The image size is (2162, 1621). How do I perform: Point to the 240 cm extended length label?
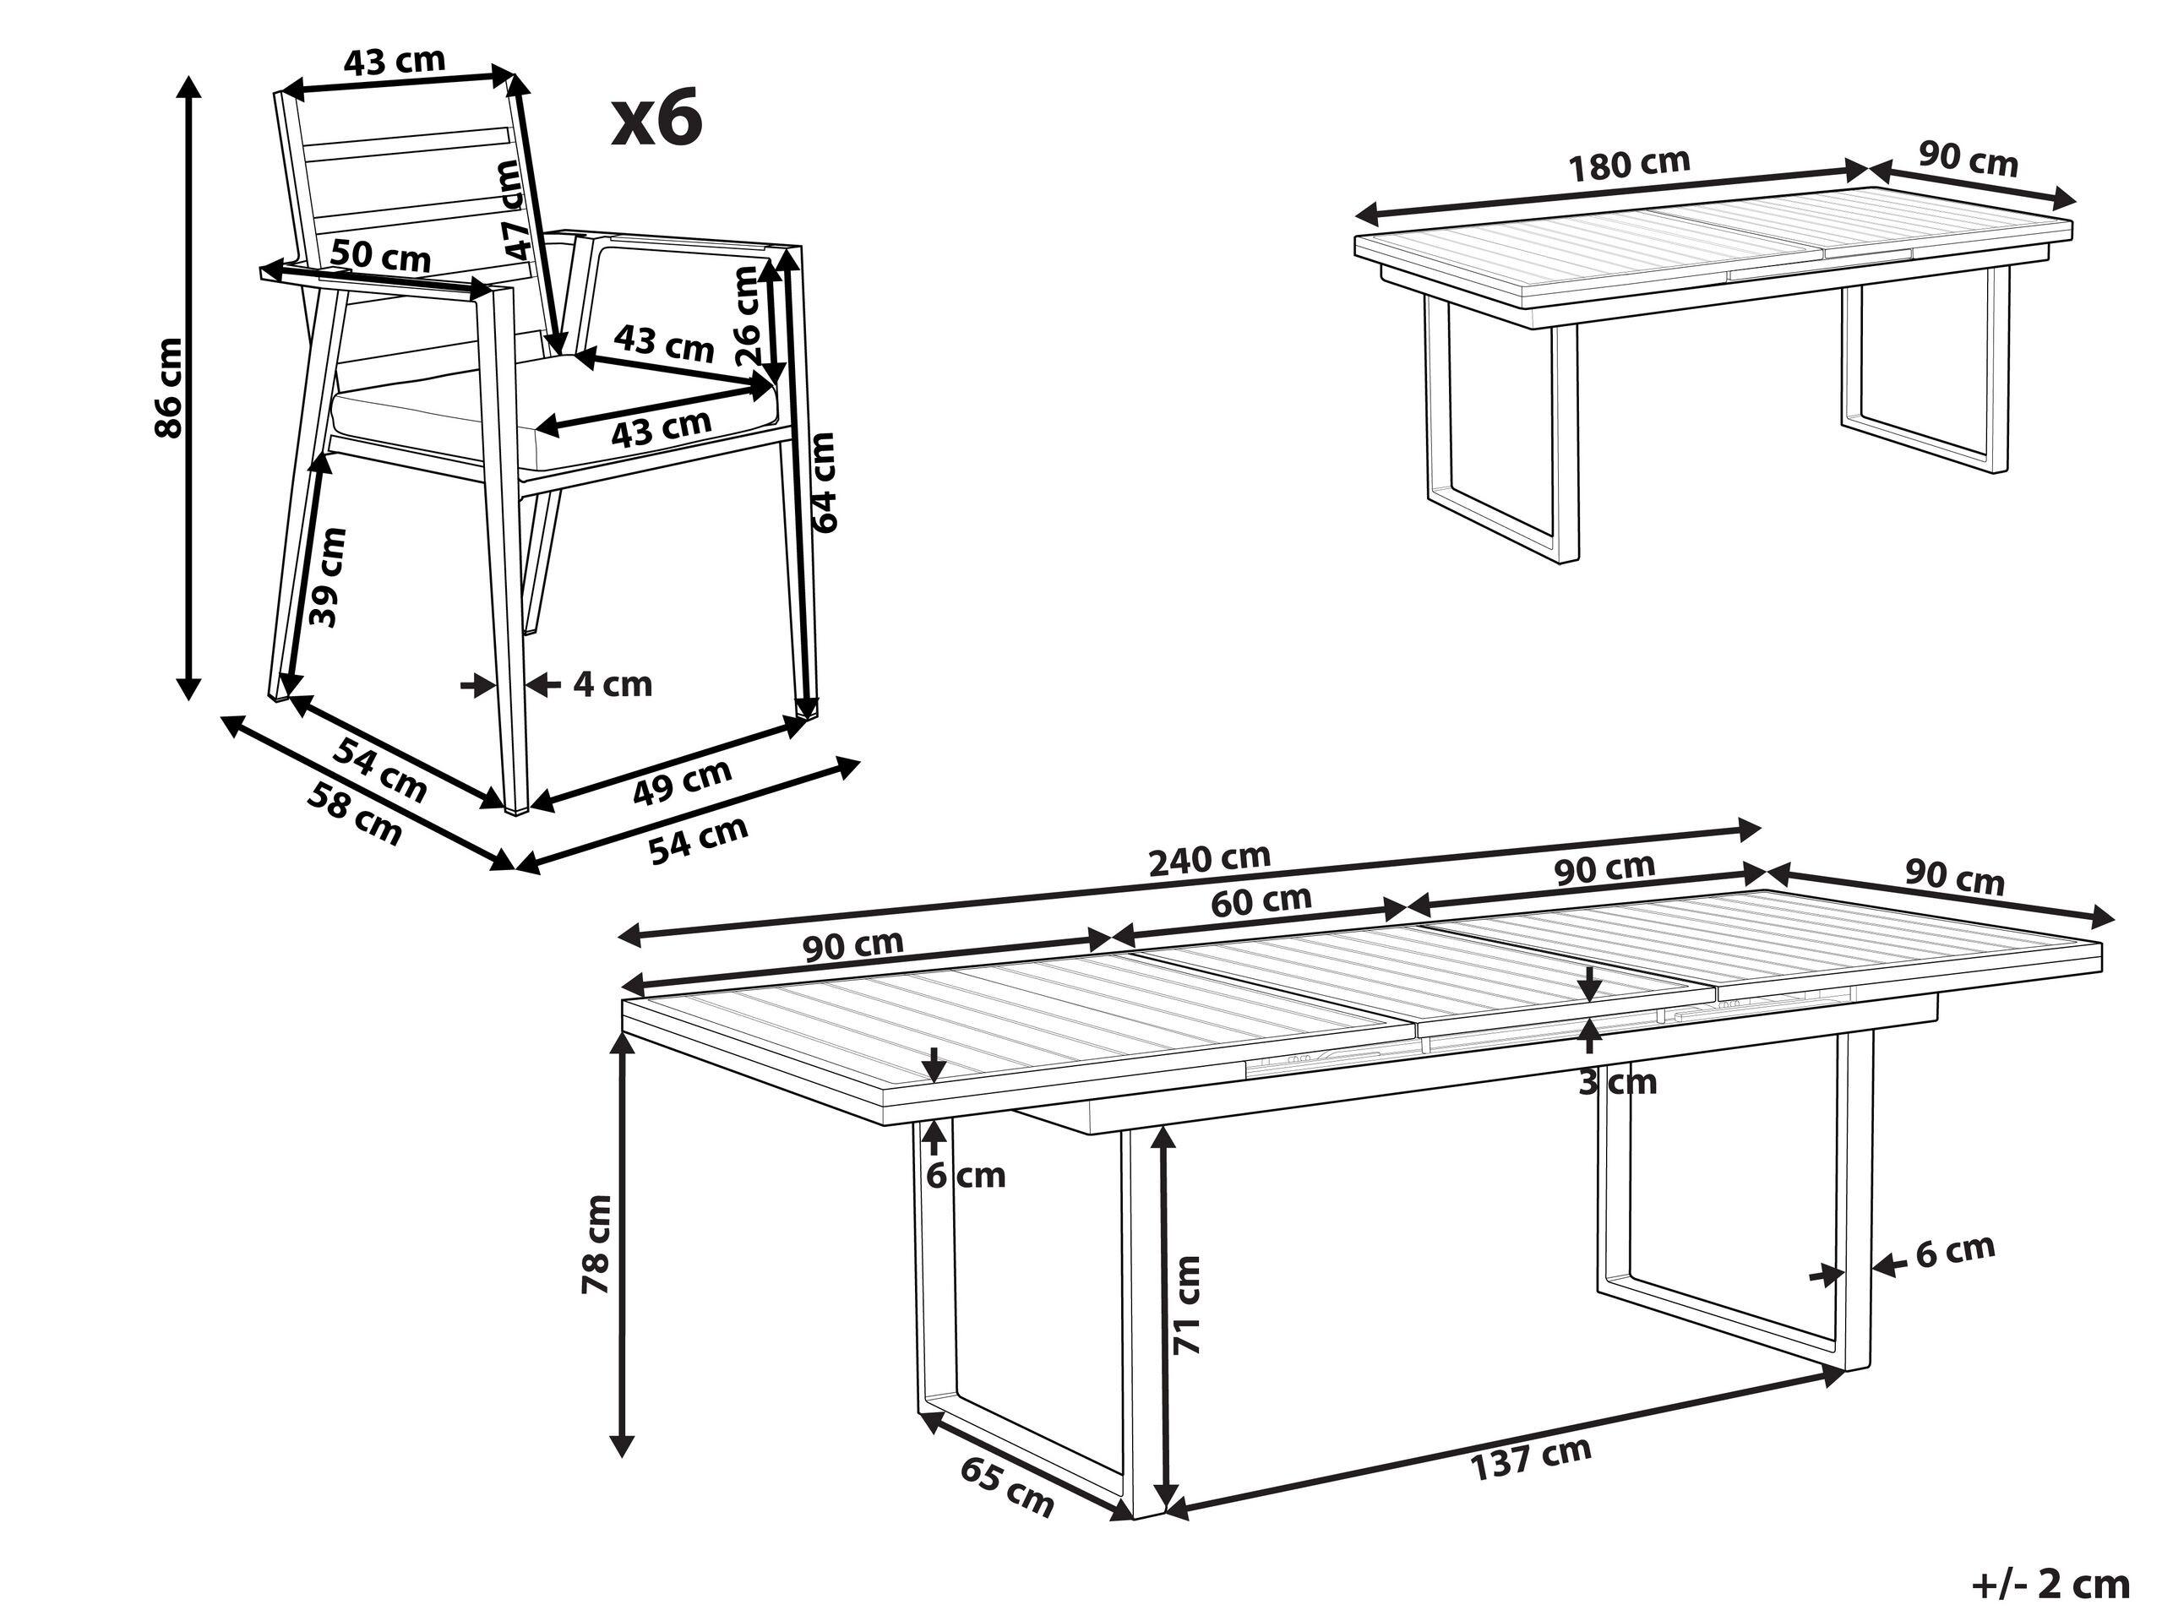[x=1209, y=859]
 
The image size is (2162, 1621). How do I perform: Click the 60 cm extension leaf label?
[x=1261, y=900]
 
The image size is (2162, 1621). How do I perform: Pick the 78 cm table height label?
[x=596, y=1245]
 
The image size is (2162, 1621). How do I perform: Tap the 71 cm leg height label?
[x=1185, y=1305]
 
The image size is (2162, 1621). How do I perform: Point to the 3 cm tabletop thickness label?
[x=1618, y=1081]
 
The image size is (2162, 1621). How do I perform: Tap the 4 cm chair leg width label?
[x=612, y=684]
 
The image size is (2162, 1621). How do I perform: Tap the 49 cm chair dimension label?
[x=681, y=781]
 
